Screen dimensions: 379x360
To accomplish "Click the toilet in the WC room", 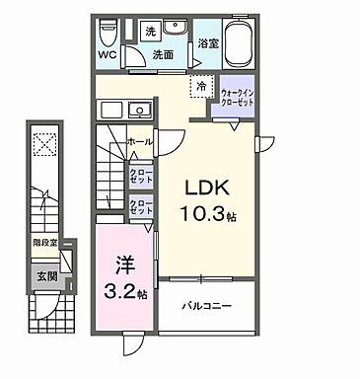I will coord(109,35).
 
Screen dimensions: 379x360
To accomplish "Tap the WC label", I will coord(109,56).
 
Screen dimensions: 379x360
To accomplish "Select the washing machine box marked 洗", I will coord(151,32).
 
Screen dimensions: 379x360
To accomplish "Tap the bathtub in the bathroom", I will coord(240,44).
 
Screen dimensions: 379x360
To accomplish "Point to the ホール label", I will coord(139,142).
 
